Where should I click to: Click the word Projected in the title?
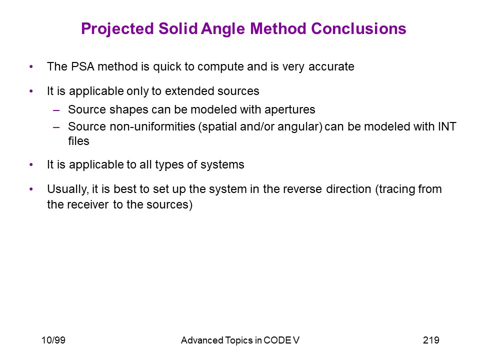point(117,29)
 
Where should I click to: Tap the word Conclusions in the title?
point(358,29)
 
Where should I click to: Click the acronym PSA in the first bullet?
point(82,66)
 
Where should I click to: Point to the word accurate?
point(331,67)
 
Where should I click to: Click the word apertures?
point(289,110)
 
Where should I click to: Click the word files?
point(78,141)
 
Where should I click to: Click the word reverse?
point(302,189)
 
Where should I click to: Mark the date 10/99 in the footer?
point(53,340)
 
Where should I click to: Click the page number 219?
point(431,340)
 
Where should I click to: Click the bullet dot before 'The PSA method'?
point(31,66)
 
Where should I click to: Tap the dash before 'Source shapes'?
point(56,110)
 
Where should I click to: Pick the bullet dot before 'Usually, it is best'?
point(31,189)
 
